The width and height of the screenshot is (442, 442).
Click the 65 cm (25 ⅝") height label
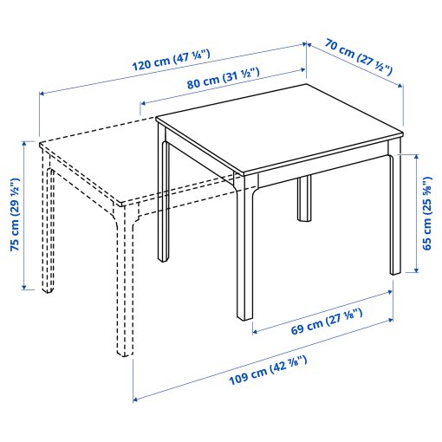point(426,213)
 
